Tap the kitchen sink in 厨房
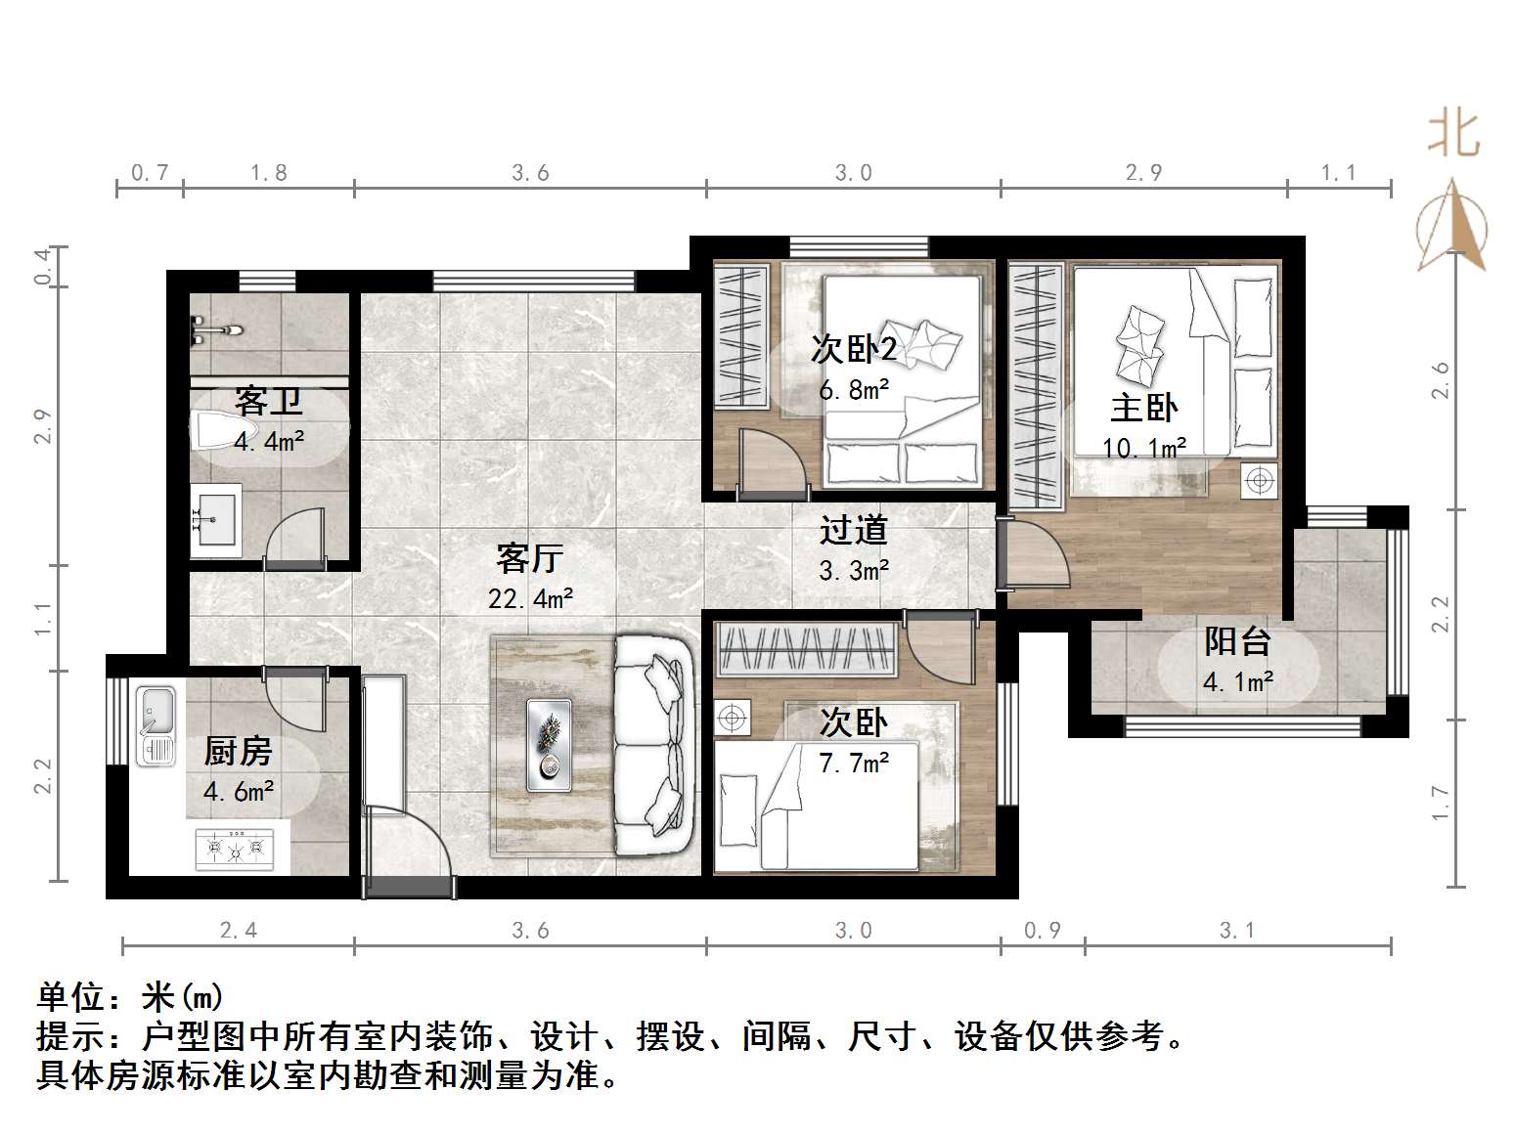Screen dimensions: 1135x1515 tap(156, 725)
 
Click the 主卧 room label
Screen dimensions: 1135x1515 tap(1143, 408)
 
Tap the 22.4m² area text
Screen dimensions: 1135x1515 tap(530, 598)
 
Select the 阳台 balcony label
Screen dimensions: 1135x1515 tap(1237, 641)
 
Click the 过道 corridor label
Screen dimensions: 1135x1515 tap(853, 530)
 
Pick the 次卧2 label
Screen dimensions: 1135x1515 tap(854, 349)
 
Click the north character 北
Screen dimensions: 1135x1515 tap(1453, 134)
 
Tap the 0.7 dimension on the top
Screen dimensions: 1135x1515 tap(150, 173)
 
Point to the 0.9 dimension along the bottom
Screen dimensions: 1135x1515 tap(1043, 930)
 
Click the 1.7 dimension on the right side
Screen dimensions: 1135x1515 tap(1440, 804)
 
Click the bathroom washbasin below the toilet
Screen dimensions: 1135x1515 tap(215, 518)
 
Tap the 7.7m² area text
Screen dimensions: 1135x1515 tap(854, 763)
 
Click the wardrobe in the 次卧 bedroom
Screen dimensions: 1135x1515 tap(808, 648)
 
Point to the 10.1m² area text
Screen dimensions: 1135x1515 tap(1143, 448)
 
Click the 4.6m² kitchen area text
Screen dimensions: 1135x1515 tap(239, 790)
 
